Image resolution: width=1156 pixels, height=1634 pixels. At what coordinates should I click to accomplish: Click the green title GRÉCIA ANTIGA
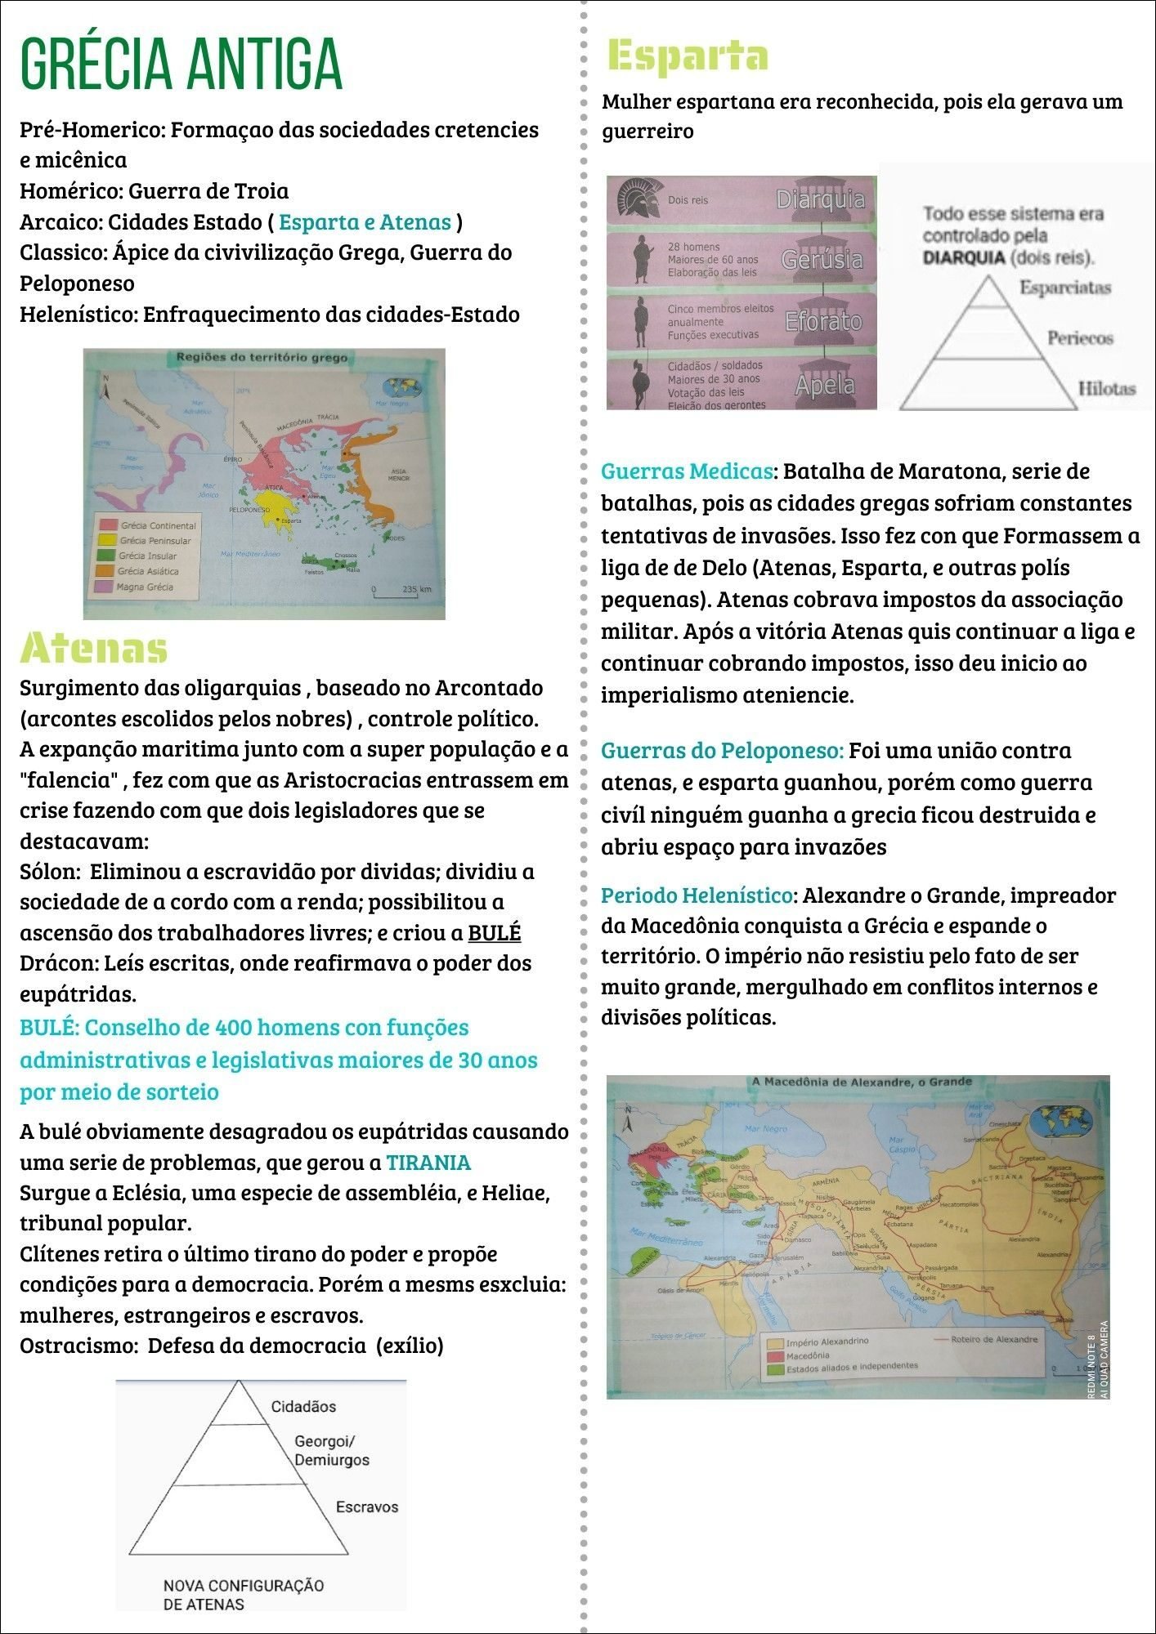point(181,63)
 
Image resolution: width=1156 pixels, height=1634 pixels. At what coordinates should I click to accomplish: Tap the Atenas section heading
point(93,649)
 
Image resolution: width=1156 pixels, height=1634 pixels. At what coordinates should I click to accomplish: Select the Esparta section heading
point(688,56)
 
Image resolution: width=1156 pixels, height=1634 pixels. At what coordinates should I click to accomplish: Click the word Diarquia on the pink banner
point(820,199)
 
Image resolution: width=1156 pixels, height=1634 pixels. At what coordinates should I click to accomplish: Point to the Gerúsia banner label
point(822,260)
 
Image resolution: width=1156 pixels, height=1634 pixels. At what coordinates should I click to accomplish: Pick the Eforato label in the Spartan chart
point(823,321)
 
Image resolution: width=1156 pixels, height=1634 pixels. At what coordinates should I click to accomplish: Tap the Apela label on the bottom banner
point(824,384)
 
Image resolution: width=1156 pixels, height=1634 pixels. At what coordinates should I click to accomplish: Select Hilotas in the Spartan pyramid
point(1106,389)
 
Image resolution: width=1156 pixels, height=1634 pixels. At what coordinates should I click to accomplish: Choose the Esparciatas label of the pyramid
point(1064,288)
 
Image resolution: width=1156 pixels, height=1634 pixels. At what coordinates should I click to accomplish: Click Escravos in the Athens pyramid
point(367,1507)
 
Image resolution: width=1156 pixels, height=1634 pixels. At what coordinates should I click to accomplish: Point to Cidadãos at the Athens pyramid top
point(303,1406)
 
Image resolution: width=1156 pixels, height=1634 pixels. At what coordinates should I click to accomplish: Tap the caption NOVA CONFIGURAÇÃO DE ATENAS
point(243,1594)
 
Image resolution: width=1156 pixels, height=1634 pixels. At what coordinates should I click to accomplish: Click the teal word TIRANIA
point(428,1163)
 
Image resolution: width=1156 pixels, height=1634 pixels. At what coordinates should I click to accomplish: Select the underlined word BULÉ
point(494,933)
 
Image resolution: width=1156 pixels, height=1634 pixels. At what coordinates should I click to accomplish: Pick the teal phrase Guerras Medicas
point(687,471)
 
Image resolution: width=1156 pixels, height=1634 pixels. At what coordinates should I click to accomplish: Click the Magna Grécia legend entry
point(145,587)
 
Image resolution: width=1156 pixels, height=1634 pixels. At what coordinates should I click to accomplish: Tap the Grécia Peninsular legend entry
point(155,540)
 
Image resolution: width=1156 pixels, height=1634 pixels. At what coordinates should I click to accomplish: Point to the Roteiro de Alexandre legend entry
point(993,1339)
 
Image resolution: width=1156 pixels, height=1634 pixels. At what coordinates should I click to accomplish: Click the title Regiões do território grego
point(262,357)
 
